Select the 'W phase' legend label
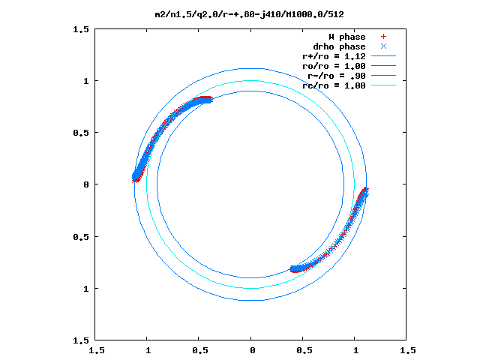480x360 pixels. (346, 37)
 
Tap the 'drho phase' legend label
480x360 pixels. (340, 46)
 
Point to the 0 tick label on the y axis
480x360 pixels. (87, 184)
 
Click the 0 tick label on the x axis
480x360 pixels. (252, 350)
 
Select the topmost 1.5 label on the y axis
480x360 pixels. (82, 29)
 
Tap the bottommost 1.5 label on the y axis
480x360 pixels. (82, 340)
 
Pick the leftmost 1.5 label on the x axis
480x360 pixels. (96, 350)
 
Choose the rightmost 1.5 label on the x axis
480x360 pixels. (407, 350)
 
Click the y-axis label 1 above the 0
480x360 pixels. (87, 81)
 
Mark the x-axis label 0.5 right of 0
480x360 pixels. (304, 350)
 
